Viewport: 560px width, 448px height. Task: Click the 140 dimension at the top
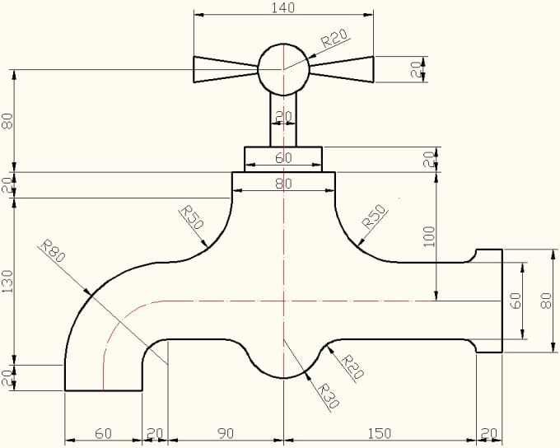coord(283,7)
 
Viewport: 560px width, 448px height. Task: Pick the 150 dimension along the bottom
coord(380,432)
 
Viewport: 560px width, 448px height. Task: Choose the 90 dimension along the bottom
coord(225,432)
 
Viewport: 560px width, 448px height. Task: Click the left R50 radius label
coord(191,219)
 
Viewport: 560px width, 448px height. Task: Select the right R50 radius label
coord(375,218)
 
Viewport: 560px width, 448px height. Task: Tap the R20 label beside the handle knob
coord(334,39)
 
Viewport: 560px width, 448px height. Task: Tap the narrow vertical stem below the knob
coord(283,119)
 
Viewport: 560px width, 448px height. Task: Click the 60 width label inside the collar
coord(283,157)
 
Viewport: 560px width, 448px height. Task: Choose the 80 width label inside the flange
coord(283,184)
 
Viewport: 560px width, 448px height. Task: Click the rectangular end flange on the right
coord(489,301)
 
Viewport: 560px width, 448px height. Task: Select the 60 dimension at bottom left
coord(103,432)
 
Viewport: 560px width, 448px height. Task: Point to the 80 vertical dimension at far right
coord(544,301)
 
